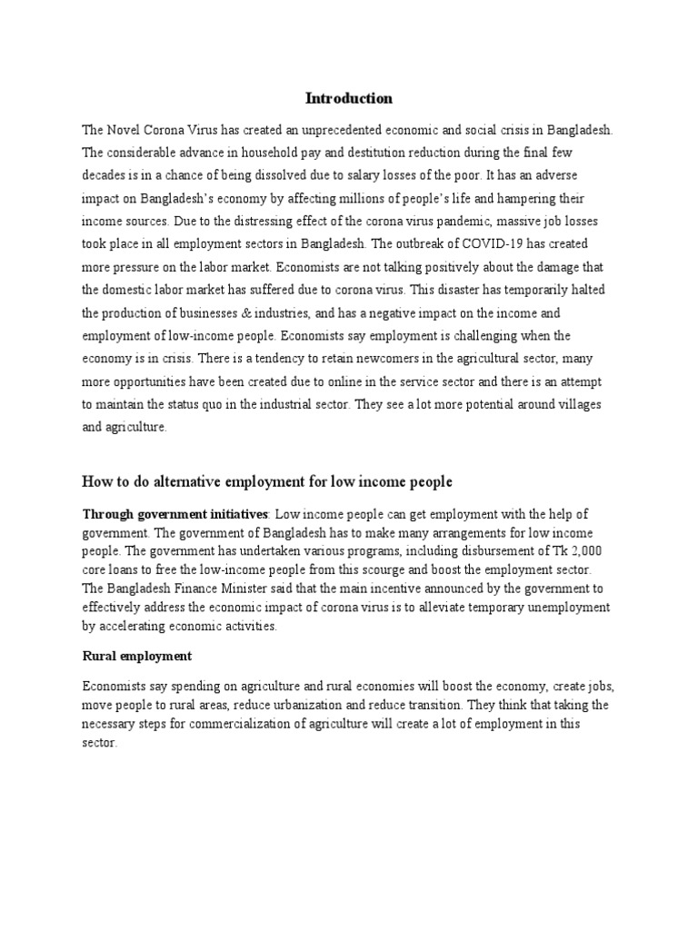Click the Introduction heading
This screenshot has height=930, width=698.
point(348,98)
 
